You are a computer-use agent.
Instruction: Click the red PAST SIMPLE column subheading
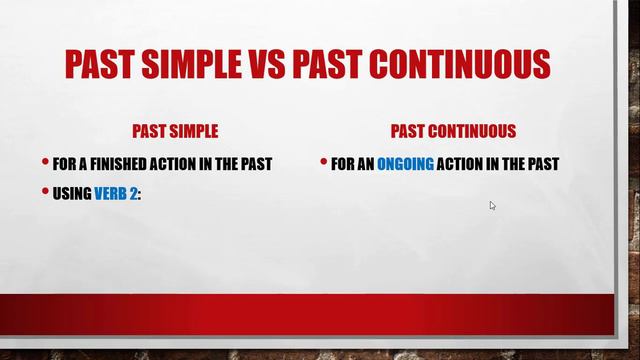click(x=175, y=132)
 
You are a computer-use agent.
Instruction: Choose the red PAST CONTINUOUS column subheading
click(x=453, y=132)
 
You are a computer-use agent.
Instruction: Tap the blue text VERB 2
click(x=115, y=194)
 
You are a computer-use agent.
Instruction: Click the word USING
click(x=73, y=194)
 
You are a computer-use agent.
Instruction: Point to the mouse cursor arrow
click(x=492, y=205)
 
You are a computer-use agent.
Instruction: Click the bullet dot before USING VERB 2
click(x=45, y=193)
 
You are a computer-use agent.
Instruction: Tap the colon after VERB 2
click(x=139, y=195)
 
